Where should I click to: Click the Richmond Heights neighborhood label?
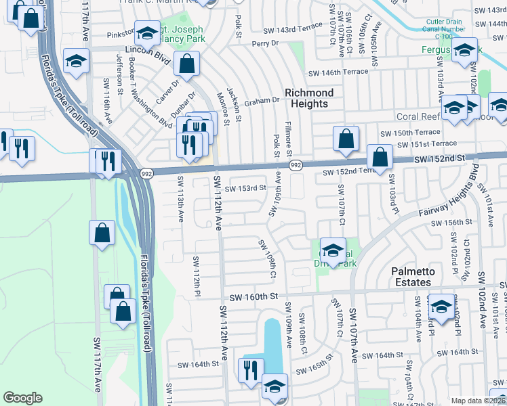coord(309,98)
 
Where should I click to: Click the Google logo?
coord(22,398)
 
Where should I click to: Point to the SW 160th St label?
coord(254,297)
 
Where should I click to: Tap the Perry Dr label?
coord(265,43)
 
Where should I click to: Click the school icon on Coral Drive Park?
coord(332,250)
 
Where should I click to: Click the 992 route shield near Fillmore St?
coord(296,164)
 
